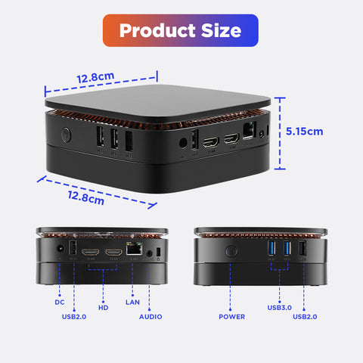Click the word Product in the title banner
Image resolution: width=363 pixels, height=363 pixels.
(x=157, y=30)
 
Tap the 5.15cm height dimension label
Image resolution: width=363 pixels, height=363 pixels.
(x=304, y=132)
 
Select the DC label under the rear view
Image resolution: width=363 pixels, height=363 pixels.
(x=60, y=302)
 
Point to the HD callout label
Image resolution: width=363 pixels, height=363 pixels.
(x=104, y=308)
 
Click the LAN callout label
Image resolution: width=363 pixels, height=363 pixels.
(x=132, y=302)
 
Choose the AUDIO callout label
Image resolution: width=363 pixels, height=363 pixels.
(x=150, y=317)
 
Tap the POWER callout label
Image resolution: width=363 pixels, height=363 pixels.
(x=231, y=317)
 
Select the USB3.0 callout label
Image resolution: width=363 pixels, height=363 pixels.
(x=279, y=308)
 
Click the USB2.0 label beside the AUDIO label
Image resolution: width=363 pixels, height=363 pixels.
(x=74, y=317)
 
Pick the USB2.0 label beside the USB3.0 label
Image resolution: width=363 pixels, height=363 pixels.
(x=305, y=317)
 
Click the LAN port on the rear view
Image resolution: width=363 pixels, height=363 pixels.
(x=134, y=248)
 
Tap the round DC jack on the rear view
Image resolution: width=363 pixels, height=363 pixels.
(x=60, y=249)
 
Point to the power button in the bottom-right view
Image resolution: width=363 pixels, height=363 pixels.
(x=231, y=251)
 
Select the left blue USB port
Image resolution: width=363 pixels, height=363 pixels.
(x=271, y=248)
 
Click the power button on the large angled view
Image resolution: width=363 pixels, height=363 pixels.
(x=66, y=135)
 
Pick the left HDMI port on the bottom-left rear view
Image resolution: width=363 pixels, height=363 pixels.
(x=90, y=252)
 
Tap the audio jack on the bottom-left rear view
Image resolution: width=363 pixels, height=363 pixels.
(x=150, y=253)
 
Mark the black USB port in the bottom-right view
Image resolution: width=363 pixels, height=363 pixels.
(x=302, y=248)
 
